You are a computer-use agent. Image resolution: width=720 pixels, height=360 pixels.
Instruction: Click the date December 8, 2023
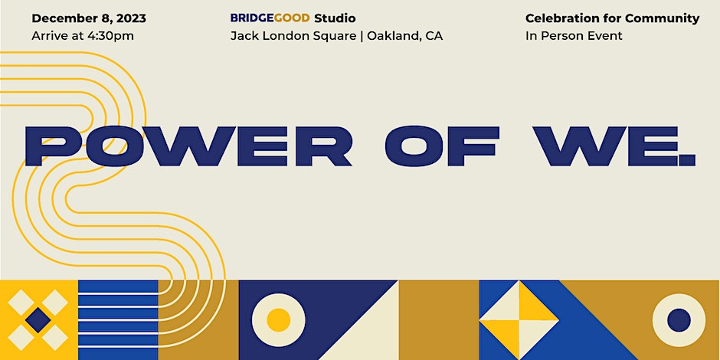click(x=89, y=19)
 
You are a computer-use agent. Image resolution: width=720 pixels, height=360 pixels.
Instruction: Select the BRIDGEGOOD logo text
click(x=270, y=18)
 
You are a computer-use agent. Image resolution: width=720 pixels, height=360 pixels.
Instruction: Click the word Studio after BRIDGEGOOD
click(x=335, y=18)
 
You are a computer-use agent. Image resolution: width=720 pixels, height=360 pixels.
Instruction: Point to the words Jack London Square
click(x=293, y=36)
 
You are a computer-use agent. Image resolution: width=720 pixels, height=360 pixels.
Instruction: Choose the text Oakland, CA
click(x=404, y=36)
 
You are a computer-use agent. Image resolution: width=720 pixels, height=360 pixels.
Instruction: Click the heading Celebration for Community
click(x=612, y=18)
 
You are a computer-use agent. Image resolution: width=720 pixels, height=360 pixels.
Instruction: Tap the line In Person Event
click(x=574, y=36)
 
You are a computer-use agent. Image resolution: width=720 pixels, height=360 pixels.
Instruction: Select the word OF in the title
click(x=442, y=146)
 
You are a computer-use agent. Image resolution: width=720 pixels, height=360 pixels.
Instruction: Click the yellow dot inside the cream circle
click(x=278, y=319)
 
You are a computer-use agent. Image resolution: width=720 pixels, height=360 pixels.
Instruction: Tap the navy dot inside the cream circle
click(x=679, y=320)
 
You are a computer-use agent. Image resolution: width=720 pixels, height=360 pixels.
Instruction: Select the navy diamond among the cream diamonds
click(x=38, y=320)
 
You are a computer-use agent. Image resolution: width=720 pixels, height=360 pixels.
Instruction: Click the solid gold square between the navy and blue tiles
click(x=439, y=320)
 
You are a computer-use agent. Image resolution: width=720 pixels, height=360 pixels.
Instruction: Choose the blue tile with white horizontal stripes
click(x=118, y=320)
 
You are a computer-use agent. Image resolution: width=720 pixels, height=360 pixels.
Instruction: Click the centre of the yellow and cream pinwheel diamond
click(x=519, y=320)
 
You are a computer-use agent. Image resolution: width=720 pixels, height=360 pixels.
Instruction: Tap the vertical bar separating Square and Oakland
click(x=362, y=37)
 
